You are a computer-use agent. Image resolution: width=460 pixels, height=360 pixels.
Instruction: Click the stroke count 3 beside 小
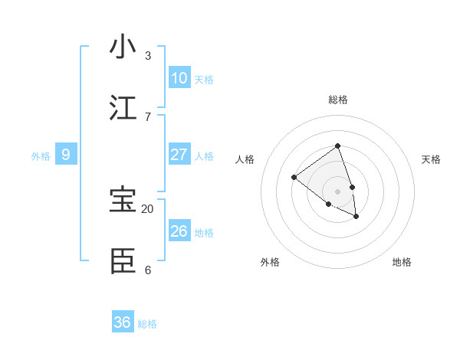click(148, 55)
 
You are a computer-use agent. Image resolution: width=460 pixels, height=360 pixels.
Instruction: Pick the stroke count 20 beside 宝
click(148, 208)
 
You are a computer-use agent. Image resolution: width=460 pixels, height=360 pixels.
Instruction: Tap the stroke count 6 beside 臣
click(148, 270)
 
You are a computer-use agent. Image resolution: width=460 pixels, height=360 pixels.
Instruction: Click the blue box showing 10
click(179, 78)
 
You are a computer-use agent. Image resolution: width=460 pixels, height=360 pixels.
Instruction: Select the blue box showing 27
click(179, 155)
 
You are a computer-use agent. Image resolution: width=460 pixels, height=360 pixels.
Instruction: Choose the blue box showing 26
click(179, 231)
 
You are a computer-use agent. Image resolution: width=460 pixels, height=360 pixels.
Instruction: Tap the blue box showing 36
click(123, 322)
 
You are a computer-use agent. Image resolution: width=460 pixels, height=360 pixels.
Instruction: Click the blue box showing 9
click(66, 155)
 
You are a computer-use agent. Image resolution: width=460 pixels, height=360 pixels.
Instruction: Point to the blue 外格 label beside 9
click(41, 156)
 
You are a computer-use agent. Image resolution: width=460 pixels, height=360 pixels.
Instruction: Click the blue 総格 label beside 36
click(147, 324)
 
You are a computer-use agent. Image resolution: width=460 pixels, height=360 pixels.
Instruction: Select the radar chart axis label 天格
click(431, 159)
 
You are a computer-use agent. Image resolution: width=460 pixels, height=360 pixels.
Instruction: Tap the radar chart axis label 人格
click(245, 159)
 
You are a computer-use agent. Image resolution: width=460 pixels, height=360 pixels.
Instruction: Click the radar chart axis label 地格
click(402, 262)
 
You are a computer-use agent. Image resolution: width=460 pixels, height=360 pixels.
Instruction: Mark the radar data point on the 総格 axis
click(337, 146)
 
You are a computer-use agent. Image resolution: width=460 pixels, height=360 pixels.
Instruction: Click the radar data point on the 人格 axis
click(294, 178)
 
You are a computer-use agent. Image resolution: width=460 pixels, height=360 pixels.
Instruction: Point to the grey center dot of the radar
click(337, 191)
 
